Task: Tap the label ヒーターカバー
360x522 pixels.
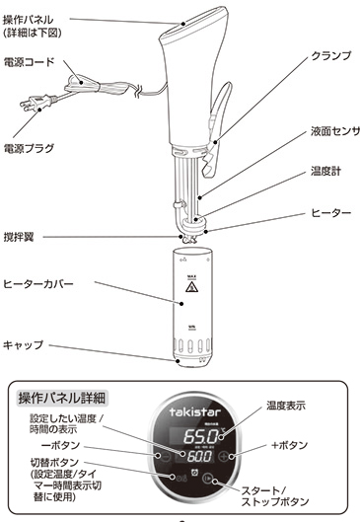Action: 38,284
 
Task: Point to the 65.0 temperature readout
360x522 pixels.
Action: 201,435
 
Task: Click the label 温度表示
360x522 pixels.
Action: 288,406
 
